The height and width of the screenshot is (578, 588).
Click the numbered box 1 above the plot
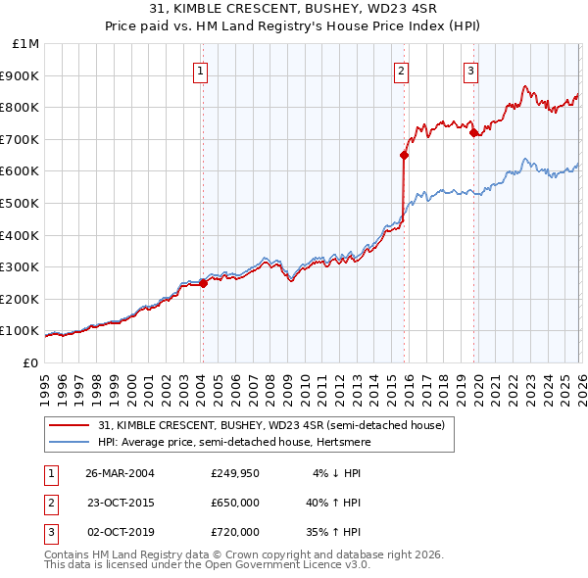click(201, 71)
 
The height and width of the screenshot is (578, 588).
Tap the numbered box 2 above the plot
click(403, 71)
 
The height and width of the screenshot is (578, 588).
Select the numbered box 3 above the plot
click(471, 71)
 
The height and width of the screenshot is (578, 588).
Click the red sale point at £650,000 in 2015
click(404, 155)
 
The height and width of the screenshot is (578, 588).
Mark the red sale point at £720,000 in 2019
click(473, 132)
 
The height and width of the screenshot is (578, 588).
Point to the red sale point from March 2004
click(203, 283)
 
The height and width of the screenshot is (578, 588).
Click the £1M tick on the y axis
click(26, 43)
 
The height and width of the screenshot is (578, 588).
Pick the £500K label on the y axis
click(23, 203)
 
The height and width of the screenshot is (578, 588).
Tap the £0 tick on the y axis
click(29, 362)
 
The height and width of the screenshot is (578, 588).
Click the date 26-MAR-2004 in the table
click(121, 473)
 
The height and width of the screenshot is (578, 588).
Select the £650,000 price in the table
click(235, 503)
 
